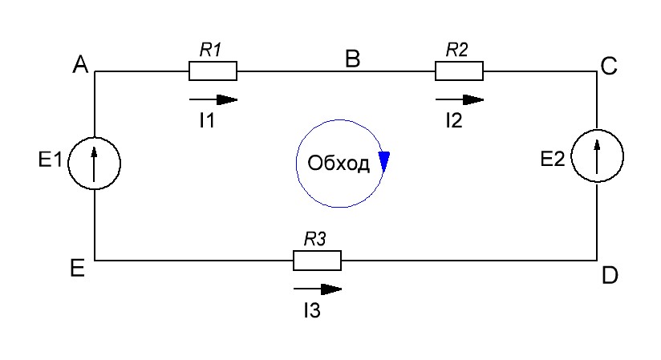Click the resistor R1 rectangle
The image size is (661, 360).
pos(213,71)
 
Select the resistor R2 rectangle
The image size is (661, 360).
pos(459,71)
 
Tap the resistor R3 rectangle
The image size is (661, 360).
pos(317,261)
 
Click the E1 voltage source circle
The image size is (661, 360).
pos(94,163)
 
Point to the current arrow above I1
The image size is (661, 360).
pos(214,99)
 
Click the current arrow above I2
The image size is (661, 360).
pos(460,99)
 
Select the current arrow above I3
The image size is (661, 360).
pos(318,289)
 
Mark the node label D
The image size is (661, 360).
pos(609,275)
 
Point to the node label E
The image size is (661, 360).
pos(78,269)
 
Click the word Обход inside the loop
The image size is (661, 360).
pos(339,164)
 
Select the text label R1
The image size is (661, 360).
pos(211,50)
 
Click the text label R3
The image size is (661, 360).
pos(314,238)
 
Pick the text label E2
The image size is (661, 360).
pos(554,160)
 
